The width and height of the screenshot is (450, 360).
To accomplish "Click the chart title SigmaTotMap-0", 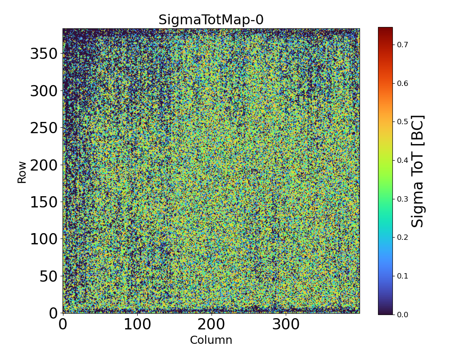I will (x=211, y=20).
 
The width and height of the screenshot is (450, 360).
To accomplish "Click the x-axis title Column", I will (x=211, y=340).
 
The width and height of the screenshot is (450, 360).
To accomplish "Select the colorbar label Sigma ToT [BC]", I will (x=418, y=171).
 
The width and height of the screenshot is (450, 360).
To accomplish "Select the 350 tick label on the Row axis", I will (x=44, y=54).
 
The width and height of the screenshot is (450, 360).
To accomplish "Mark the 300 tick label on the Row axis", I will (x=44, y=91).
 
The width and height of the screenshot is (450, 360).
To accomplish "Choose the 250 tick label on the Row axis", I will (x=44, y=128).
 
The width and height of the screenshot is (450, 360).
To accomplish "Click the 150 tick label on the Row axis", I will (x=44, y=202).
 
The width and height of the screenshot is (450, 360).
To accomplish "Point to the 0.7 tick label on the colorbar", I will (x=403, y=45).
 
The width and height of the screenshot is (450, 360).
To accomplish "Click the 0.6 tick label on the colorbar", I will (x=403, y=83).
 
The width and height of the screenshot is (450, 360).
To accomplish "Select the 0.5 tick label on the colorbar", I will (x=403, y=121).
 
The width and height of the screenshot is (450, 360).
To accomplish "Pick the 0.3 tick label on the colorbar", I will (x=403, y=199).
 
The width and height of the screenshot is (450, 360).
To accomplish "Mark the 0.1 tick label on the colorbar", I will (x=403, y=276).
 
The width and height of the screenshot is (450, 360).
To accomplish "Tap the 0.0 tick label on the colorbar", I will (x=403, y=314).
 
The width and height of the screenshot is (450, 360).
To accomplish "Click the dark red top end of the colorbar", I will (x=385, y=29).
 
